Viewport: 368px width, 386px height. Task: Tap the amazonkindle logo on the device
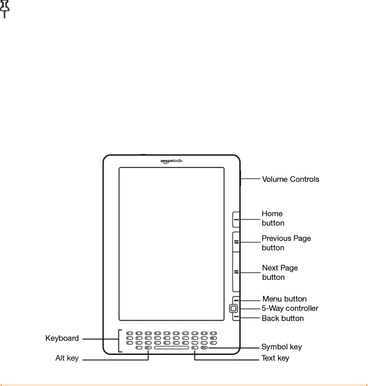pyautogui.click(x=171, y=161)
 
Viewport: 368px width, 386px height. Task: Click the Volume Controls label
pyautogui.click(x=290, y=179)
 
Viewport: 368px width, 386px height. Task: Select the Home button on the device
pyautogui.click(x=236, y=220)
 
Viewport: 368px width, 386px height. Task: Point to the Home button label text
pyautogui.click(x=272, y=218)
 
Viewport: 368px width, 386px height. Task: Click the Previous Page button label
pyautogui.click(x=286, y=243)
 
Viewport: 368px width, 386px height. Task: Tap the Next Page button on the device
pyautogui.click(x=236, y=273)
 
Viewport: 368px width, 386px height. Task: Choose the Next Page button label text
pyautogui.click(x=280, y=273)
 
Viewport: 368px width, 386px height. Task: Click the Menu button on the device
pyautogui.click(x=236, y=300)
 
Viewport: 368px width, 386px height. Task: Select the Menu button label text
pyautogui.click(x=284, y=299)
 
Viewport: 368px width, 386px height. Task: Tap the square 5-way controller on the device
pyautogui.click(x=233, y=309)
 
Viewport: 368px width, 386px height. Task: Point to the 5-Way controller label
pyautogui.click(x=290, y=309)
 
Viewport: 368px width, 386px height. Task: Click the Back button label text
pyautogui.click(x=283, y=318)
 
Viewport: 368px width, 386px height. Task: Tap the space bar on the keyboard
pyautogui.click(x=171, y=348)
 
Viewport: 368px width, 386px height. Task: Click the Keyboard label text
pyautogui.click(x=62, y=339)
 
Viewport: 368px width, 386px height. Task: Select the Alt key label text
pyautogui.click(x=67, y=358)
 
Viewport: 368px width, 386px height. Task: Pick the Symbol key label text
pyautogui.click(x=281, y=347)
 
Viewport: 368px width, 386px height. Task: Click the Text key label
pyautogui.click(x=275, y=358)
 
